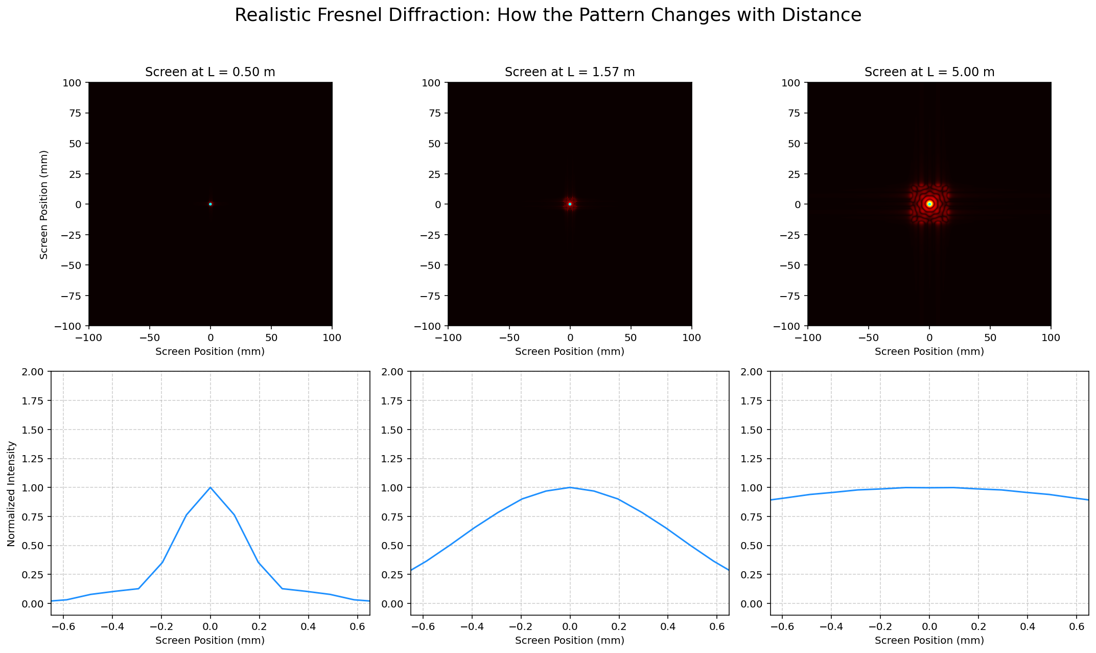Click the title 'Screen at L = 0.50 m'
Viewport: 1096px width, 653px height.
pos(210,72)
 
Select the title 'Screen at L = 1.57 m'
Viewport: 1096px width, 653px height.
pos(570,72)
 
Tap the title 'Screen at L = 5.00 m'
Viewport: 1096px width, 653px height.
pos(929,72)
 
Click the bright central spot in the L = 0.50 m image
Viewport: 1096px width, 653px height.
pos(210,204)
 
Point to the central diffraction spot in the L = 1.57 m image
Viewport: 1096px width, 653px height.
pos(570,204)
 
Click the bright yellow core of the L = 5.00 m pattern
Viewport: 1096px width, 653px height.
pos(929,204)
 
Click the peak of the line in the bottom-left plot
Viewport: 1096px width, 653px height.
pos(210,487)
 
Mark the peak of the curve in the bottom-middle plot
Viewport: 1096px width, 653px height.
pos(570,487)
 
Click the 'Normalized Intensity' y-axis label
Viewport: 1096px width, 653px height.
pos(12,493)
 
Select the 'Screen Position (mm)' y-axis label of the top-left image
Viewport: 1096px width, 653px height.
pos(44,204)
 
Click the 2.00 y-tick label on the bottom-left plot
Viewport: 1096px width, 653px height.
pos(36,371)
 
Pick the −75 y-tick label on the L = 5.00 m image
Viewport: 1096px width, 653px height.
pos(790,296)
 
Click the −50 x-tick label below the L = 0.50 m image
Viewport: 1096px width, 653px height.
pos(149,337)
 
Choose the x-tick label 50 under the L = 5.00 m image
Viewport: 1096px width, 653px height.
pos(990,337)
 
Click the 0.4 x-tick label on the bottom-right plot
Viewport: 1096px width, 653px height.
pos(1027,626)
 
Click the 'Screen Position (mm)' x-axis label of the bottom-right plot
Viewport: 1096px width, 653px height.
pos(929,640)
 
